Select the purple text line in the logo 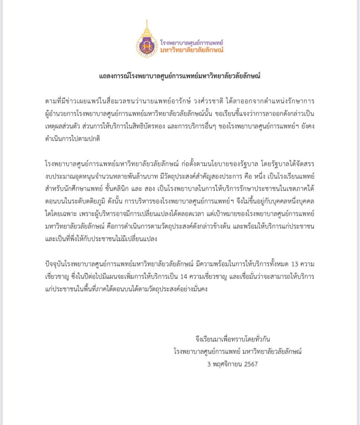[192, 42]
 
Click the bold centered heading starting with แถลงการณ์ [180, 76]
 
